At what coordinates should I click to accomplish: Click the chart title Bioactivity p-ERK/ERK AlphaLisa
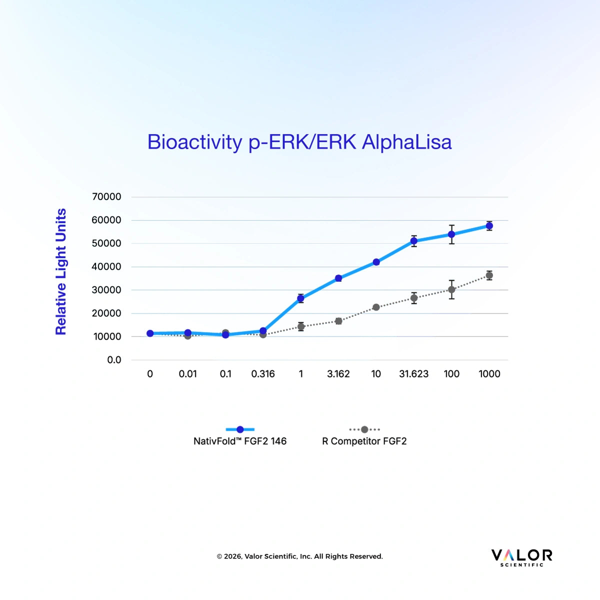299,142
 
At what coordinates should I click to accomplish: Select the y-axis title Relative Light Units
60,271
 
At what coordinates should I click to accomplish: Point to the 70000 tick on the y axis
106,197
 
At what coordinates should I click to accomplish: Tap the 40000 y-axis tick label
106,267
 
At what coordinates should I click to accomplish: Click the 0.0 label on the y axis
114,360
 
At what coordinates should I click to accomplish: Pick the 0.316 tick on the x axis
263,373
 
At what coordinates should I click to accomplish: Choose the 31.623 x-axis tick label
414,373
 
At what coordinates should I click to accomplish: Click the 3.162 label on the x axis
338,373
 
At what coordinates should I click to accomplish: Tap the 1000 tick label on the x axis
489,373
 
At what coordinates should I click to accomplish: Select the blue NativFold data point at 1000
489,225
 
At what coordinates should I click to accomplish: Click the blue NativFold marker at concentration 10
376,262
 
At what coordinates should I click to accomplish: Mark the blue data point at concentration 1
301,298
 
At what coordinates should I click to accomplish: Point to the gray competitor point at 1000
489,275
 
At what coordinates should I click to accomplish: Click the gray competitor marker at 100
451,289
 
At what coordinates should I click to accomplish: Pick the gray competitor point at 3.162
338,321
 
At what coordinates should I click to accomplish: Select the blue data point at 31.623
414,240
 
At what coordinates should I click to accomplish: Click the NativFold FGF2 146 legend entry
240,436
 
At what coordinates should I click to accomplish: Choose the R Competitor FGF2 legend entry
364,436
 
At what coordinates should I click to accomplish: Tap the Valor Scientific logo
521,558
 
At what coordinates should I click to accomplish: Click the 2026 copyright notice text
300,556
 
